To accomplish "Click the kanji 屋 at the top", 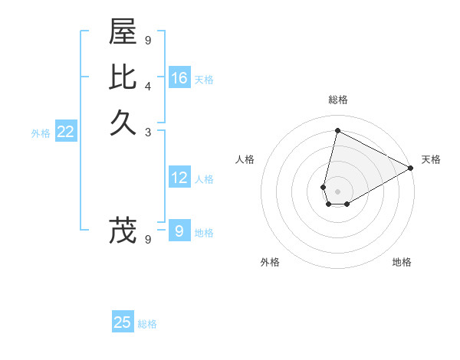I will click(x=123, y=33).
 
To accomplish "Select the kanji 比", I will click(x=123, y=77).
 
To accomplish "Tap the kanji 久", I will click(x=123, y=122).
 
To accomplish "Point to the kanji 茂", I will click(x=123, y=231).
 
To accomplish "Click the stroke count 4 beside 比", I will click(x=148, y=86).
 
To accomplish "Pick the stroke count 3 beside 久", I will click(x=148, y=131).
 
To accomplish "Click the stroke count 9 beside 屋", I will click(x=148, y=41).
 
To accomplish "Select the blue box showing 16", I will click(x=179, y=78).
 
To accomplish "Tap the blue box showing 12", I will click(x=179, y=178).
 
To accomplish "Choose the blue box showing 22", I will click(x=66, y=132).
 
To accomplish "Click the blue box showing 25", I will click(x=123, y=322).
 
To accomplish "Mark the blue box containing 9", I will click(x=179, y=231).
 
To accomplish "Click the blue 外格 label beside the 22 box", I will click(x=41, y=133).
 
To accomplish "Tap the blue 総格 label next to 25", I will click(x=147, y=324).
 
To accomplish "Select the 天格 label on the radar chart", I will click(x=431, y=159).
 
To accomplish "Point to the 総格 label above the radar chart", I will click(x=338, y=100).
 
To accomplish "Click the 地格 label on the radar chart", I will click(x=402, y=262).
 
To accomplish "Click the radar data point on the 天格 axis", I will click(x=411, y=168).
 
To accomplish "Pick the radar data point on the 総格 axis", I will click(x=337, y=130).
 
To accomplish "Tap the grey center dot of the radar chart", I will click(x=338, y=191).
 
